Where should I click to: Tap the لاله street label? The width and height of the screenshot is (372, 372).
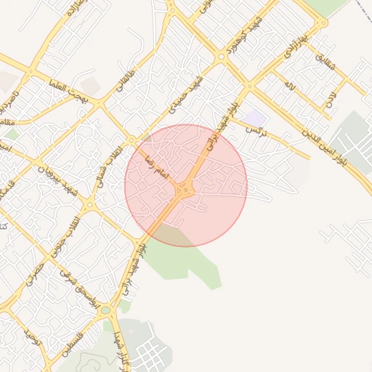pos(290,86)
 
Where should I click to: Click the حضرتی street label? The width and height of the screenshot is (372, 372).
pos(34,272)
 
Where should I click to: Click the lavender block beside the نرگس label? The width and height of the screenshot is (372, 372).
pos(254,118)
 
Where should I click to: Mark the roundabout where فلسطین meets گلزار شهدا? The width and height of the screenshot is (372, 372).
pos(107,310)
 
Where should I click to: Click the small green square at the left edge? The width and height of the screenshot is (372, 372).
pos(11,134)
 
